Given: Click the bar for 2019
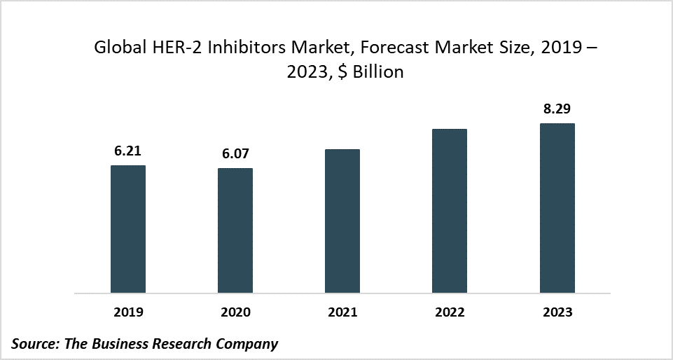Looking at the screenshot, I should pyautogui.click(x=128, y=229).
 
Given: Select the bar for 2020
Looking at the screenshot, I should pyautogui.click(x=235, y=230).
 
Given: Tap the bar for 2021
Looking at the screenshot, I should pyautogui.click(x=342, y=221).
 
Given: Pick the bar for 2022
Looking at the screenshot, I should pyautogui.click(x=450, y=211).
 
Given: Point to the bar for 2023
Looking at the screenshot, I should pyautogui.click(x=557, y=208).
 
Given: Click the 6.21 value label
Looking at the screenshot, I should pyautogui.click(x=128, y=151).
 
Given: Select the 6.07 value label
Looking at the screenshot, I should pyautogui.click(x=235, y=154).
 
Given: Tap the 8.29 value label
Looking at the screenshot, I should pyautogui.click(x=557, y=109).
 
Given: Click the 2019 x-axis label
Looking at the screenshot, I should pyautogui.click(x=128, y=312).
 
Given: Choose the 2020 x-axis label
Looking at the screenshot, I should pyautogui.click(x=235, y=312).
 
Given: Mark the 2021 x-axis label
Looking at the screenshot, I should pyautogui.click(x=342, y=312).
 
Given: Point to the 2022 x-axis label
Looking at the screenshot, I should pyautogui.click(x=450, y=312).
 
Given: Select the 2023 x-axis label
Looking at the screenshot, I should pyautogui.click(x=557, y=312).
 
